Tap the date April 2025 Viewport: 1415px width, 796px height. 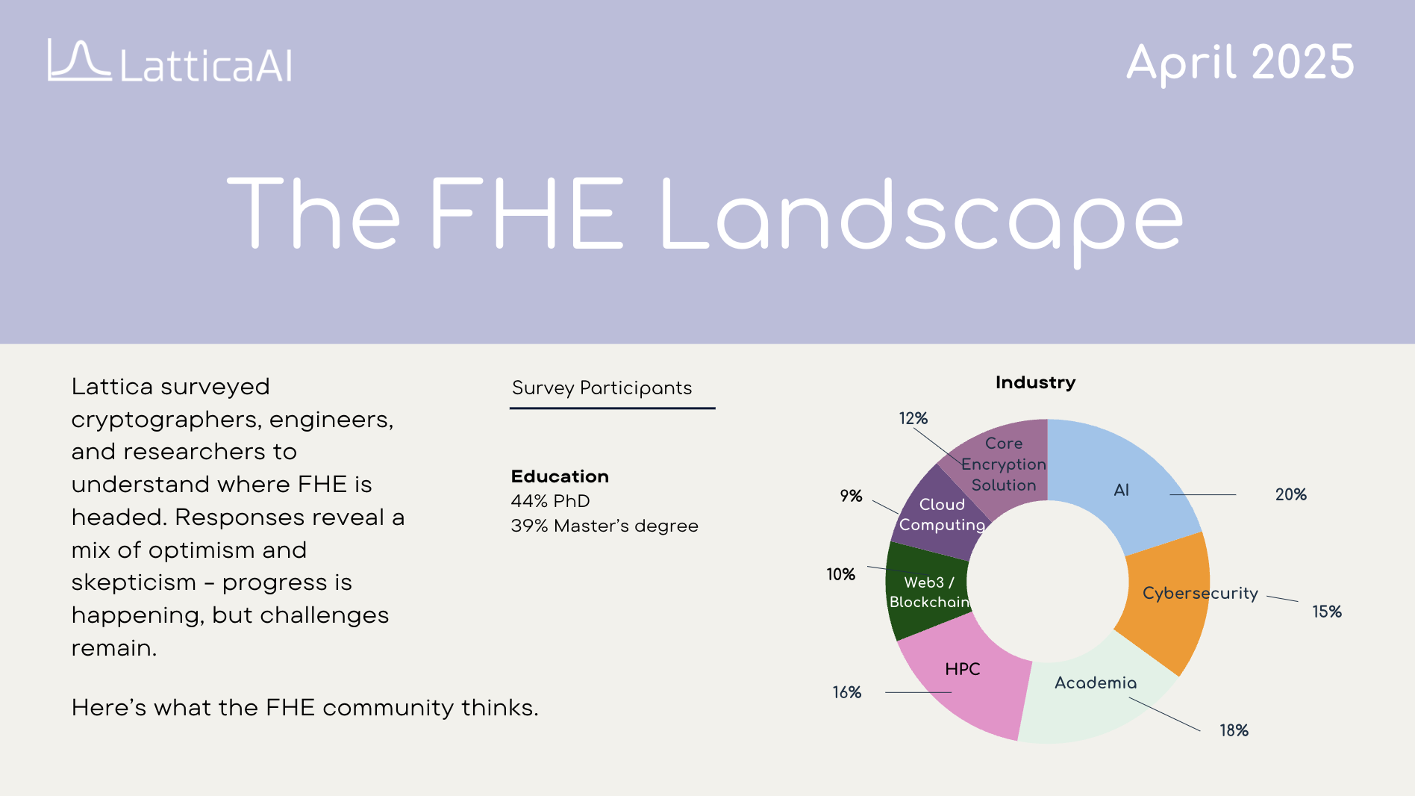1240,63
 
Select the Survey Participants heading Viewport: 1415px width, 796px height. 602,388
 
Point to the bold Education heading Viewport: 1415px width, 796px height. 560,476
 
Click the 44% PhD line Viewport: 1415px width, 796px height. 550,501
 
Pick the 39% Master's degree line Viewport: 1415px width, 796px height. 605,526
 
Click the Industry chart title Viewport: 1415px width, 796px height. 1035,382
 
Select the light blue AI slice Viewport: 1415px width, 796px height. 1119,478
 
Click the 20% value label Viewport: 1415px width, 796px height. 1290,494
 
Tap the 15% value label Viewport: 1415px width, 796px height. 1326,612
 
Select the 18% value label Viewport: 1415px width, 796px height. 1234,730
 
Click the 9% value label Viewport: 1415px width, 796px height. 851,496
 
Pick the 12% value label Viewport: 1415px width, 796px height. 913,418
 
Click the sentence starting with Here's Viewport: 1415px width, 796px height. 304,707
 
